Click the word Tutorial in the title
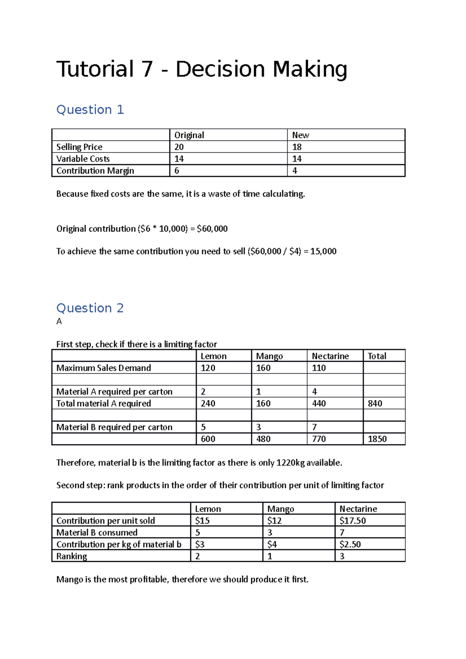click(x=95, y=69)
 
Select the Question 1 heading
click(x=90, y=110)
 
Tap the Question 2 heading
click(x=90, y=308)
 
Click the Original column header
click(x=189, y=135)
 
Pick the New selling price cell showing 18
click(x=297, y=147)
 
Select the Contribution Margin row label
click(x=95, y=171)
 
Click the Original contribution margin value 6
click(x=177, y=171)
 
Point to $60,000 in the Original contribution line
click(x=212, y=229)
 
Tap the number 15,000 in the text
click(x=323, y=251)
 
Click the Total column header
click(x=377, y=356)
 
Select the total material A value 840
click(x=375, y=404)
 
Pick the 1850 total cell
click(x=377, y=439)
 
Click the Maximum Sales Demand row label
click(x=104, y=368)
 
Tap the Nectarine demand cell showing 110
click(x=319, y=368)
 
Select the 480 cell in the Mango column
click(x=263, y=439)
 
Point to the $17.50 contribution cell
click(x=353, y=520)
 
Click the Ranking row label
click(x=71, y=556)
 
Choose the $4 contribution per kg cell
click(x=272, y=544)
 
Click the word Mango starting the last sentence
click(x=70, y=579)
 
